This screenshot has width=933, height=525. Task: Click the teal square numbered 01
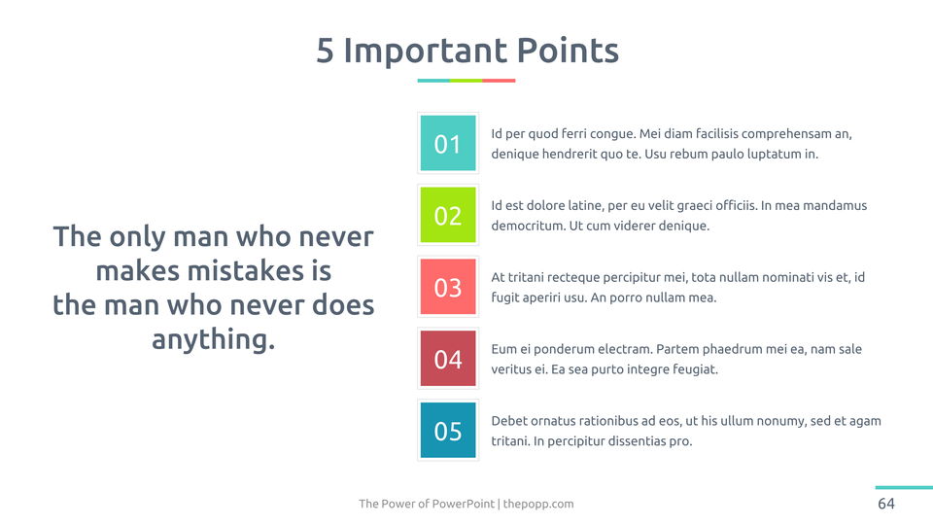(447, 143)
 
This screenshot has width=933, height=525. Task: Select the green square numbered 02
(447, 215)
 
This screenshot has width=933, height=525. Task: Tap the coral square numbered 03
(447, 286)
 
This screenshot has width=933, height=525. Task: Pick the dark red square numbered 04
(447, 359)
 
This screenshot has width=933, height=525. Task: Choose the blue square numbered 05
(447, 431)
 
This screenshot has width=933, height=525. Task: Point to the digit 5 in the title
(325, 51)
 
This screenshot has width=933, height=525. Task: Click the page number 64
(886, 504)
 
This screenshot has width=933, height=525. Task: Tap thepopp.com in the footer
(538, 504)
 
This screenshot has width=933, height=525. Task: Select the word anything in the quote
(213, 340)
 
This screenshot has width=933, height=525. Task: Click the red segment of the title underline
(499, 81)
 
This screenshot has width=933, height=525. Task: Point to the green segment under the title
(466, 81)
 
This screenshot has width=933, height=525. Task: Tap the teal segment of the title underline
(433, 81)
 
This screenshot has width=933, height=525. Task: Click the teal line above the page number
(904, 487)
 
